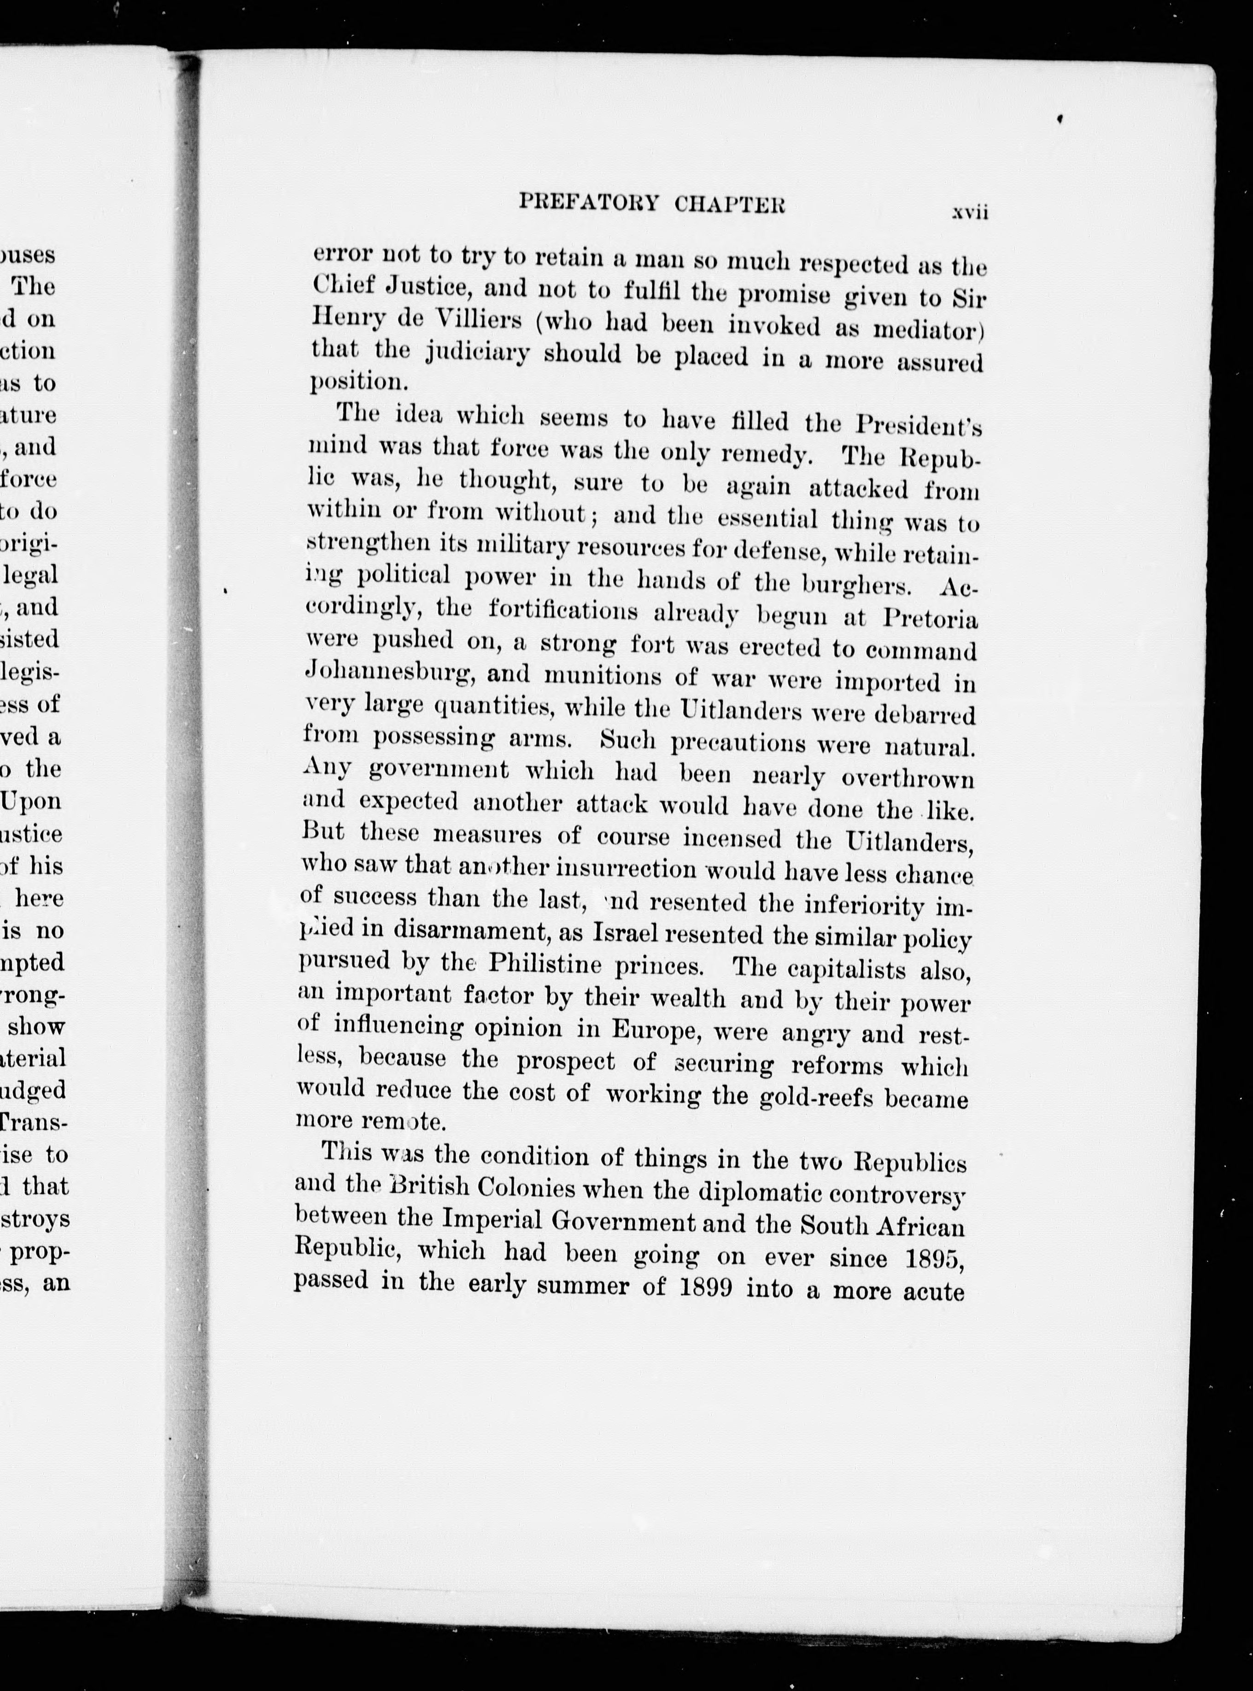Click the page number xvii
point(970,213)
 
